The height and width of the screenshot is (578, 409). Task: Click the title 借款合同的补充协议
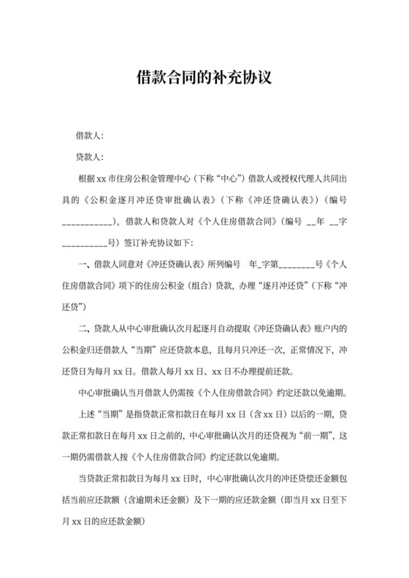[204, 77]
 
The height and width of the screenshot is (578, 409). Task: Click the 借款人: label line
[90, 136]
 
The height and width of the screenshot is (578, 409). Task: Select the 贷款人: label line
[90, 157]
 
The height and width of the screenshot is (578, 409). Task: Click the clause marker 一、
[83, 263]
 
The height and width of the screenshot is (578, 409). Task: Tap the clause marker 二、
[83, 327]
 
